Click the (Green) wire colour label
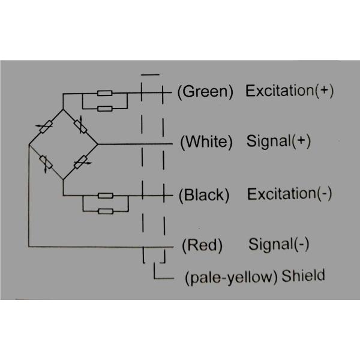206,92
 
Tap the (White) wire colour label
206,142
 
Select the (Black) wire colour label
204,195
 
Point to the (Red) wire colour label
202,245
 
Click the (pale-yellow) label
232,277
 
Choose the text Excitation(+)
289,91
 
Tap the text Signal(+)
278,142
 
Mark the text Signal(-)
278,245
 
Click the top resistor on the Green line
106,94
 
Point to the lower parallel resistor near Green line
106,109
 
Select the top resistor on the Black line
106,196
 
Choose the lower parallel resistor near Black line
106,211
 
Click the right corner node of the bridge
98,144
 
